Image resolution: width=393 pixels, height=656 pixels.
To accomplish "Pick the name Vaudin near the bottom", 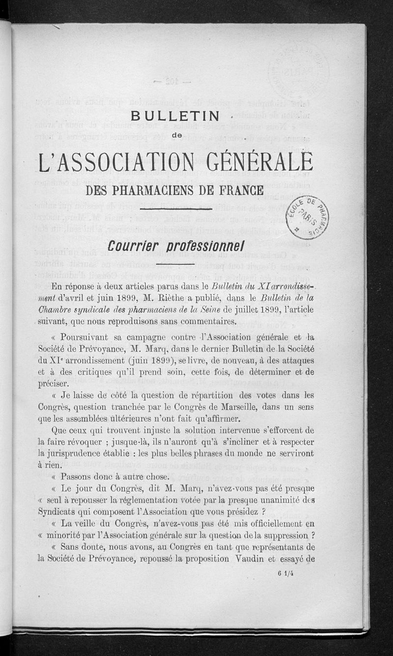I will point(254,559).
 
